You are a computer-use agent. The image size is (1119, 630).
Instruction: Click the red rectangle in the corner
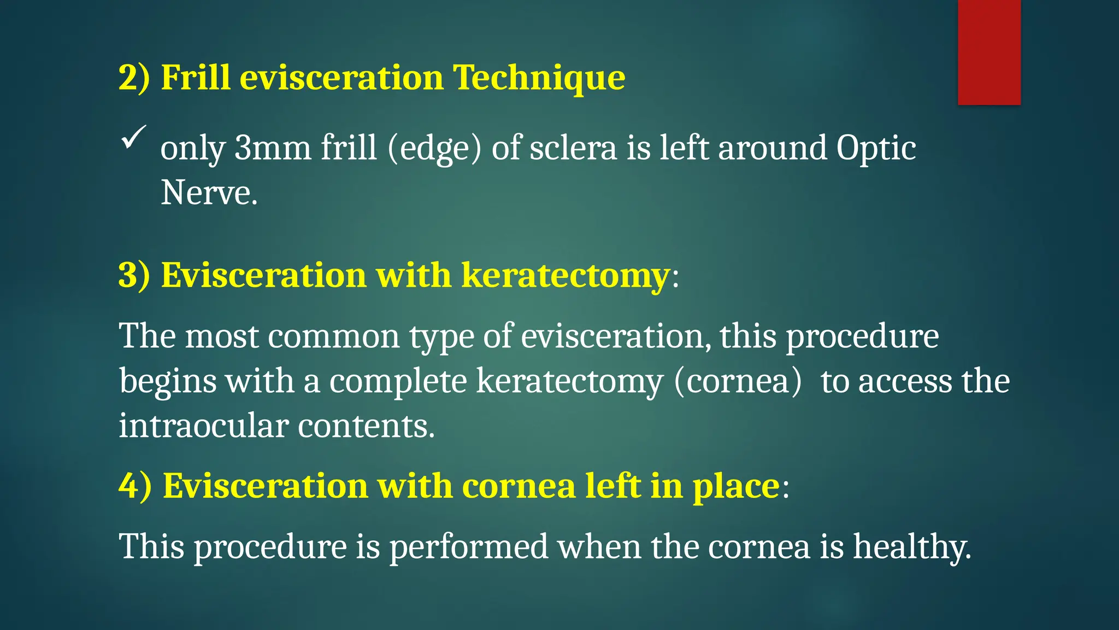[989, 52]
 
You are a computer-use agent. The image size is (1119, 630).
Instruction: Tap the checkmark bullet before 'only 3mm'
[133, 137]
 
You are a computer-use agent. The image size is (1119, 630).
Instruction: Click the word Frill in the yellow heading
[195, 77]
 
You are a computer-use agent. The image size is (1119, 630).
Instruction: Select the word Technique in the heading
[539, 78]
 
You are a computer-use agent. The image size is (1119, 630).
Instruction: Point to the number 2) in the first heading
[134, 77]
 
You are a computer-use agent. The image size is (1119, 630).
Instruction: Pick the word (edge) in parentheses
[434, 149]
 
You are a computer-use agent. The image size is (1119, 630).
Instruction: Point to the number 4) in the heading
[135, 486]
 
